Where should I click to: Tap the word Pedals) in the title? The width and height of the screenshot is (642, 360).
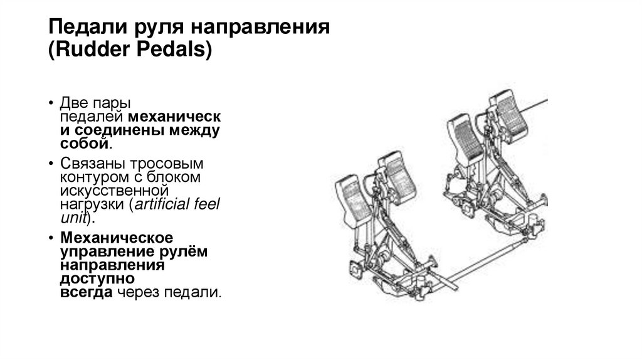click(180, 51)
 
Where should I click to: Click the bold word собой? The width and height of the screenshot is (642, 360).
click(85, 144)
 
